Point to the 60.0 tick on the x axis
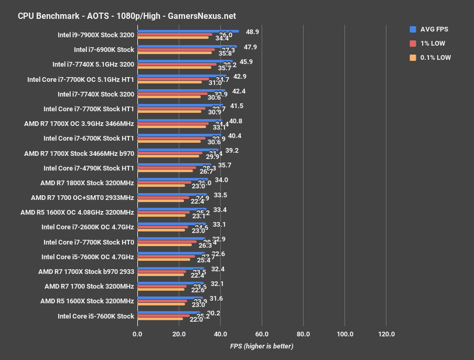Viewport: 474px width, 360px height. (x=262, y=334)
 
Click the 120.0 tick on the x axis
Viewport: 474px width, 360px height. (x=386, y=334)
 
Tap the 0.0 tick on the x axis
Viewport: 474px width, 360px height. (x=137, y=334)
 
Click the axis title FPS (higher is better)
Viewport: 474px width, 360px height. (x=262, y=346)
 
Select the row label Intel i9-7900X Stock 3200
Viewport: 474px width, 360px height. (x=96, y=35)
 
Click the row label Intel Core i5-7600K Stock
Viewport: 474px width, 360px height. (x=96, y=316)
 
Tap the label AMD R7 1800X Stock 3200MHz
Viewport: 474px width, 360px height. (x=87, y=183)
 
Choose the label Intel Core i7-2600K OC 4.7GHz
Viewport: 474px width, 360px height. (x=88, y=227)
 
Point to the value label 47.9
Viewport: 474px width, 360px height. (x=250, y=47)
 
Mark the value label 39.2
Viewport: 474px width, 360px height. (x=232, y=150)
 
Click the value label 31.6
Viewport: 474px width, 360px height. (x=216, y=298)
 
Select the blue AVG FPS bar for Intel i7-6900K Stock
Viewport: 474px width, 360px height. (x=187, y=46)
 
